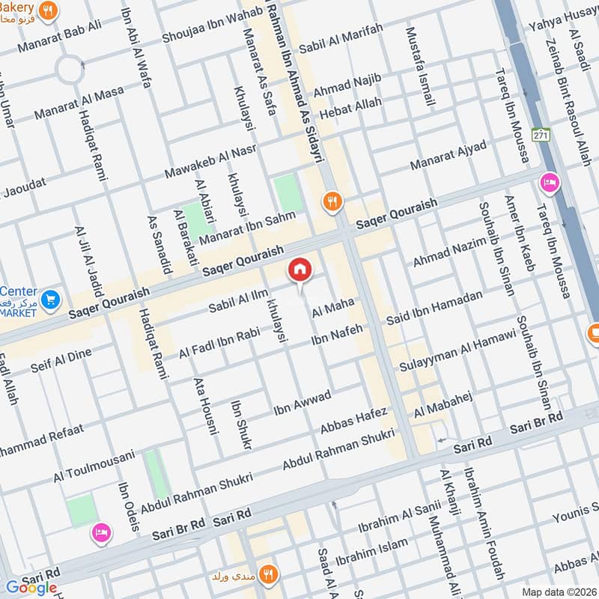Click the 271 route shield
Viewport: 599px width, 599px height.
541,135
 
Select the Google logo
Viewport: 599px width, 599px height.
31,587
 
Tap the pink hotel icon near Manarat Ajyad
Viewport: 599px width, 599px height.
549,183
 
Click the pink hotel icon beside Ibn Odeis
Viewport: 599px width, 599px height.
100,532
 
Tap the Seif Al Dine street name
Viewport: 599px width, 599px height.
61,359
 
